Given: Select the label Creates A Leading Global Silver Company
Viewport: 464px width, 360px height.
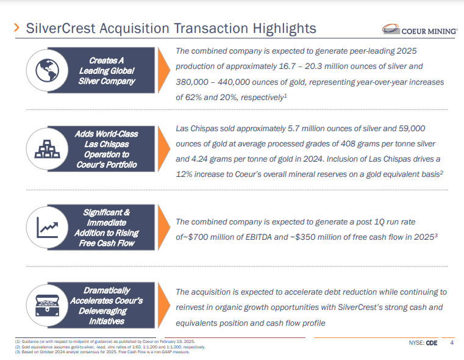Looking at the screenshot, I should pos(107,71).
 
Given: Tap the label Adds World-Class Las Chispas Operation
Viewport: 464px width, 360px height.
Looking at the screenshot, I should pos(107,149).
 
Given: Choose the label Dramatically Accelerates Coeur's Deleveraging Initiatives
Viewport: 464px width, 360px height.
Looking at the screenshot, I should pos(107,305).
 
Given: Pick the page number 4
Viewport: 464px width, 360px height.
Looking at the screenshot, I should pos(452,342).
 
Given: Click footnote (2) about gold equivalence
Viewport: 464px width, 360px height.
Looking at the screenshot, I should pos(110,347).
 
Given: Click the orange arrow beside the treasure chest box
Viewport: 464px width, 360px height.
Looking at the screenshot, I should pos(163,305).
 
